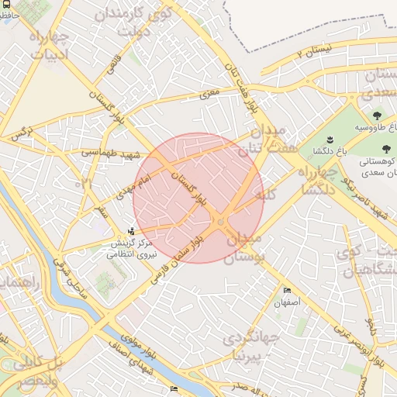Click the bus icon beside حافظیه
(x=6, y=14)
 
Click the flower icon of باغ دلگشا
(x=330, y=140)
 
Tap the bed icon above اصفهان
(x=287, y=290)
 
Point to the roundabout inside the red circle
(x=221, y=223)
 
